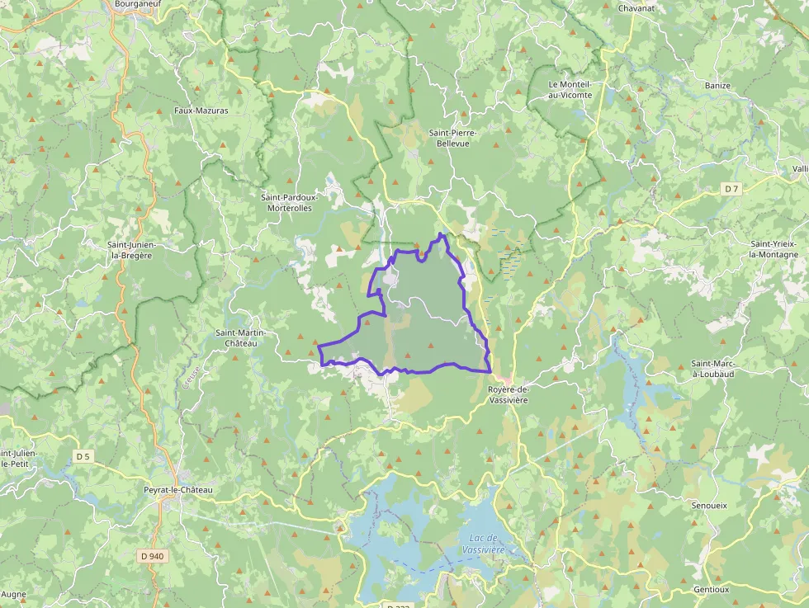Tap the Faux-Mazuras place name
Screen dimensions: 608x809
(x=201, y=110)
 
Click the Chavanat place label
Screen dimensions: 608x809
(x=637, y=8)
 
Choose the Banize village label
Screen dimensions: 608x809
(x=717, y=85)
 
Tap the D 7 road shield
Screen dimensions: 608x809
(x=731, y=189)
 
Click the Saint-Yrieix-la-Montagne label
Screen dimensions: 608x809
(x=774, y=249)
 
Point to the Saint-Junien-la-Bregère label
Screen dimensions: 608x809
(x=137, y=250)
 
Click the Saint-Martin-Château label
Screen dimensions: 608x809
(x=237, y=337)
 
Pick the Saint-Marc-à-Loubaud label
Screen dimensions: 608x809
(x=713, y=368)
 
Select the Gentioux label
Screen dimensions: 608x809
(x=711, y=590)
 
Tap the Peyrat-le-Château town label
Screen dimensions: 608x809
(x=178, y=490)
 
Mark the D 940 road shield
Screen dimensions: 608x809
(x=153, y=556)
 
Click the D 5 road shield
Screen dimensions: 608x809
(x=83, y=456)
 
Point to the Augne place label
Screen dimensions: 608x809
(x=14, y=594)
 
